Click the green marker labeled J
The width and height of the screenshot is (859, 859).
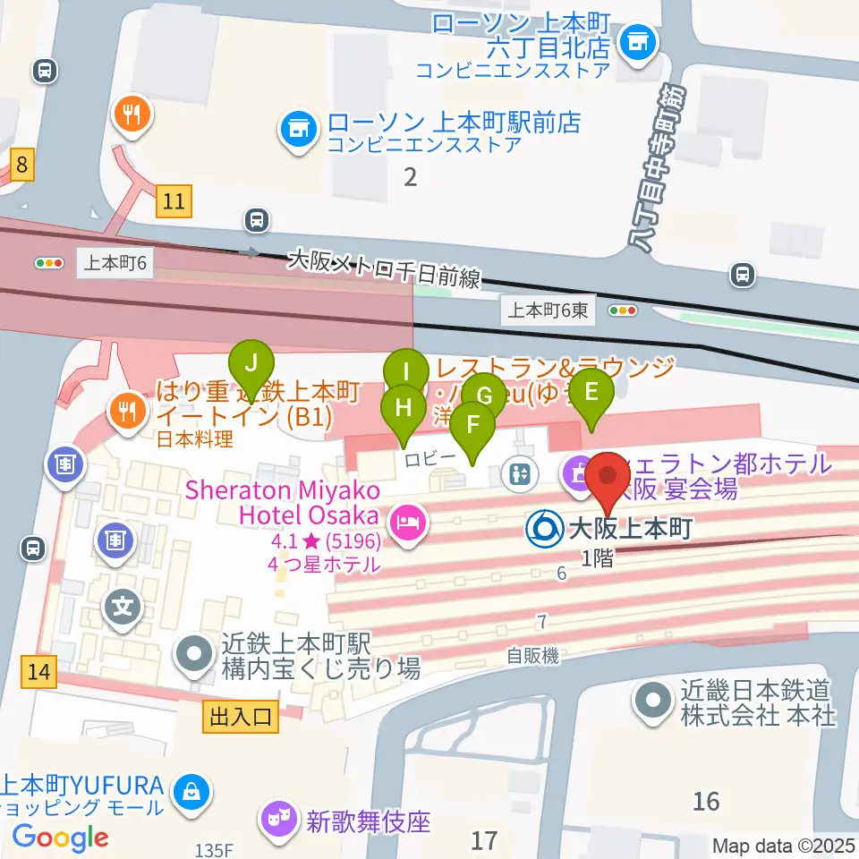point(252,364)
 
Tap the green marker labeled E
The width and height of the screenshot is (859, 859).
point(591,391)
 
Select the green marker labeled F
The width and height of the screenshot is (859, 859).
point(472,422)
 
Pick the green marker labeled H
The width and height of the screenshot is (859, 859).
point(404,408)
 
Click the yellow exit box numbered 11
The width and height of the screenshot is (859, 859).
point(174,201)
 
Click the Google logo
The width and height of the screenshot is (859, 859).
point(60,838)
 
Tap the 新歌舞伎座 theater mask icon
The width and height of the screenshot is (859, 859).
point(277,819)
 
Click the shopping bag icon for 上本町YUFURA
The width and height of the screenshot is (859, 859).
point(191,791)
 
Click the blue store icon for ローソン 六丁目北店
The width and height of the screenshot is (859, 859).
point(638,41)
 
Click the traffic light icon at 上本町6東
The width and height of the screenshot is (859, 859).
point(623,310)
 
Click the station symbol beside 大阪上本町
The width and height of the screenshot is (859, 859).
point(543,530)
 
